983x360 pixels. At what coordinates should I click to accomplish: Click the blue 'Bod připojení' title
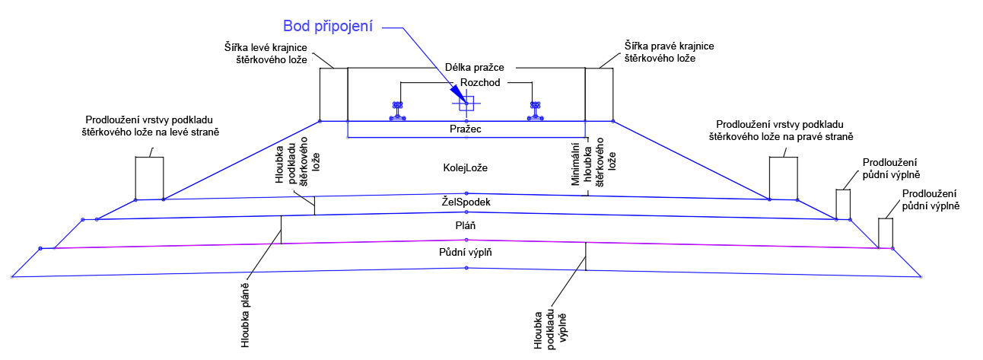328,27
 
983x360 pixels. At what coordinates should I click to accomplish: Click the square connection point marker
466,104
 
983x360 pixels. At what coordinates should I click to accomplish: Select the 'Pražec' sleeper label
466,129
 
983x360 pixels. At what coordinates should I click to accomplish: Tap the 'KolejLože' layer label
466,167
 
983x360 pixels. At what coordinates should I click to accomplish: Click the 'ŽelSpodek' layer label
466,202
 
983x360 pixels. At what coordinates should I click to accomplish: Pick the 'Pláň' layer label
466,226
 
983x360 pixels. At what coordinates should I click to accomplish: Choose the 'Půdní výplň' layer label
466,252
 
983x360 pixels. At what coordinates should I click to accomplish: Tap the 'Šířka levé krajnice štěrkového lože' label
266,53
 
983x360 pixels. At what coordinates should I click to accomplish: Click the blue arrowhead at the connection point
460,98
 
